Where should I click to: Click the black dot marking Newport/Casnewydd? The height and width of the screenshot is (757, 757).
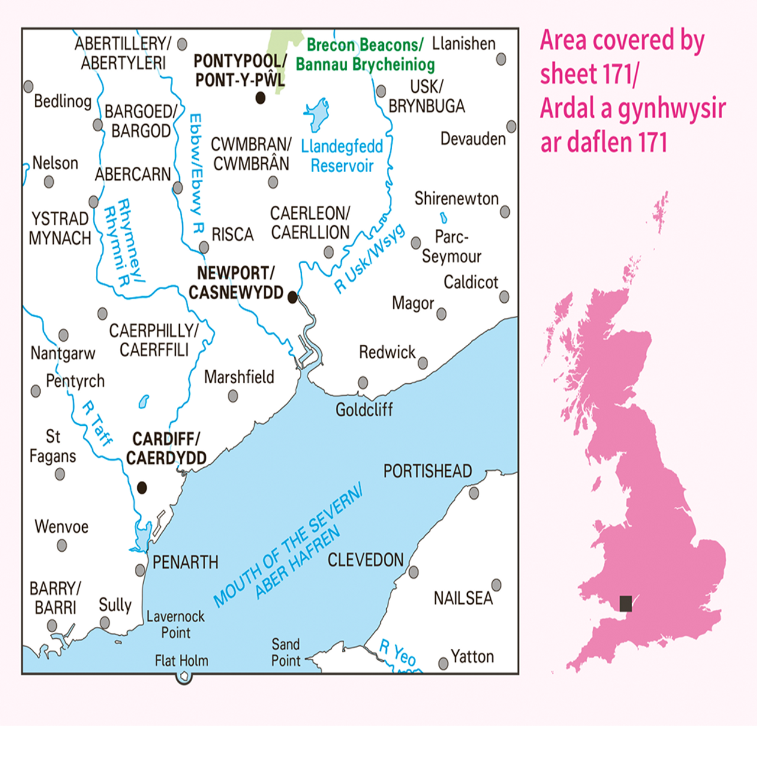[x=292, y=297]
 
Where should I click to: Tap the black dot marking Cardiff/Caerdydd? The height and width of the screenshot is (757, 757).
[x=142, y=487]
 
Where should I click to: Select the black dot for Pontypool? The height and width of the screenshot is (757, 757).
[x=260, y=98]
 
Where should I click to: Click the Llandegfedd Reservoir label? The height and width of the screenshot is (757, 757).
[x=342, y=156]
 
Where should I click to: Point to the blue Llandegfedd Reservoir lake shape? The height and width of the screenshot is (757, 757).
[x=317, y=115]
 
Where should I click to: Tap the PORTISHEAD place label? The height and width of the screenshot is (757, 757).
[x=428, y=471]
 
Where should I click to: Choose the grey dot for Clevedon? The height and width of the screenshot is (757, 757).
[x=413, y=572]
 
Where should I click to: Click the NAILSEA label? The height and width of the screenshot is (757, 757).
[x=463, y=599]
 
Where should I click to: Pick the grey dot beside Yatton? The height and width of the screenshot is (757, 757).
[x=443, y=664]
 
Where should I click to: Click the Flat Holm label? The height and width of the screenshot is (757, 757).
[x=182, y=661]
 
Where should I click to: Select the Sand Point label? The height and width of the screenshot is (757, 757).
[x=286, y=652]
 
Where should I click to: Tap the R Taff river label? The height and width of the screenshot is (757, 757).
[x=97, y=423]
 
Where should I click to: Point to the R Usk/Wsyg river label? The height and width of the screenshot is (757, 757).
[x=370, y=258]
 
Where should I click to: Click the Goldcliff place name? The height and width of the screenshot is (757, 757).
[x=364, y=409]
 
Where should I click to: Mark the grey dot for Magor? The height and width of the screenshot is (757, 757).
[x=441, y=314]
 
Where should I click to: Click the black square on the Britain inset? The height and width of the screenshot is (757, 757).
[x=626, y=604]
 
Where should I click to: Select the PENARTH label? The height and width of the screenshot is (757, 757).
[x=185, y=562]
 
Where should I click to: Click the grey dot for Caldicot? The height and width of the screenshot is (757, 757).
[x=504, y=297]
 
